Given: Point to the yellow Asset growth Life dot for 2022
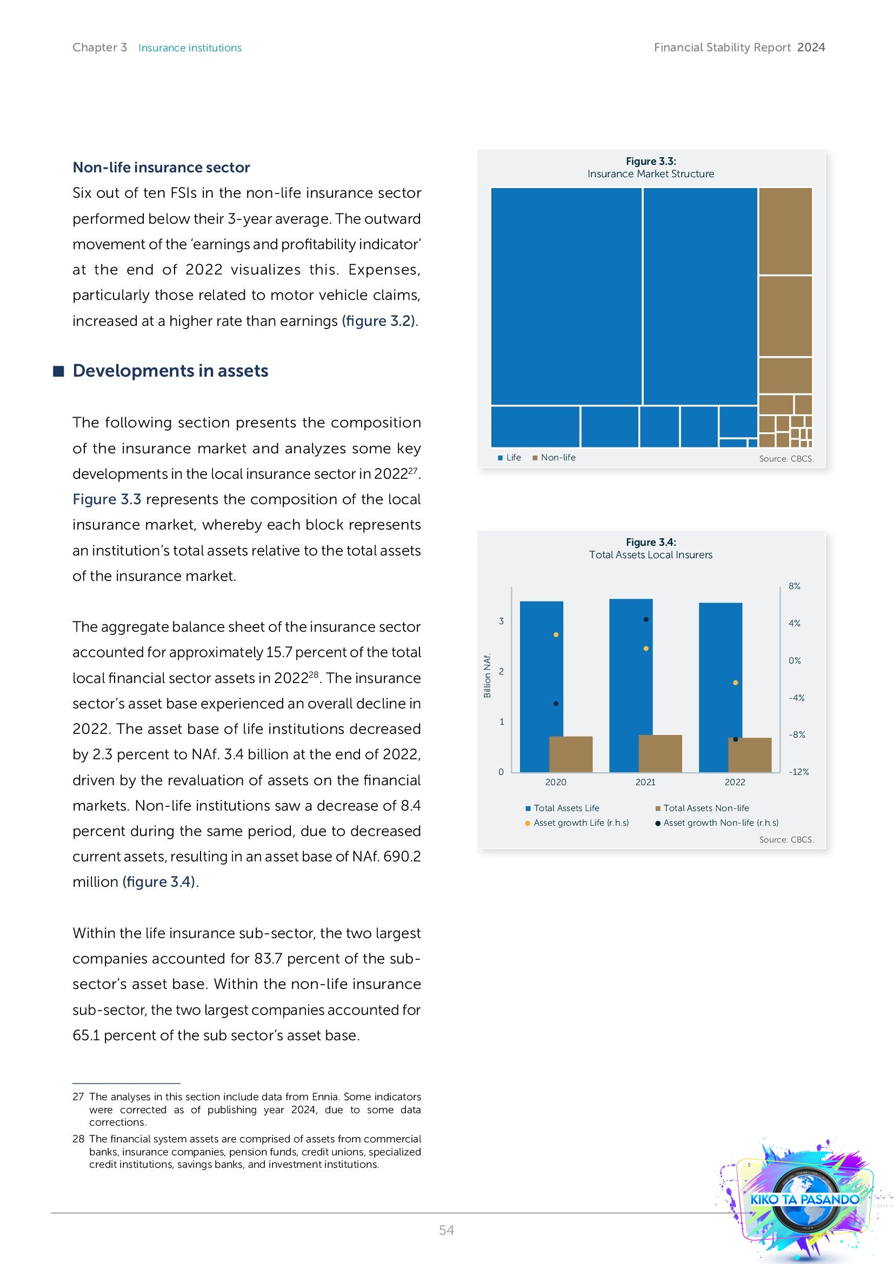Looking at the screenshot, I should (x=736, y=683).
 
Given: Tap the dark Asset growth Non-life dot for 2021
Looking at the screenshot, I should (x=646, y=619).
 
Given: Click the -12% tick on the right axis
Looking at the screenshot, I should (x=798, y=772).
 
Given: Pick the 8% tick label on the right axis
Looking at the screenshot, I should (x=794, y=586).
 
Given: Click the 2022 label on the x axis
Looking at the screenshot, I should (x=735, y=782).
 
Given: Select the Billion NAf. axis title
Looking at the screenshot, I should (x=486, y=676).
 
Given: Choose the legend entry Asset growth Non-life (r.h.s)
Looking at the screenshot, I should (x=720, y=822).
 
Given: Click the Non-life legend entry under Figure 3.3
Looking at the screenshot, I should (x=558, y=458).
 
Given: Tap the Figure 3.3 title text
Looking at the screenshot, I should (x=651, y=161).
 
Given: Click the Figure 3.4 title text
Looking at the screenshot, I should (x=651, y=542).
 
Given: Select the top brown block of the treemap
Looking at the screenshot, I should (x=785, y=231).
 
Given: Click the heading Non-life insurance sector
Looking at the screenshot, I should (x=161, y=168).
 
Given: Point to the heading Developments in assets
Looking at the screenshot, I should (x=170, y=371).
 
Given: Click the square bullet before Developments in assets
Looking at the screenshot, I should (x=58, y=371).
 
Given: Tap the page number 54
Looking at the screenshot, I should (x=446, y=1230).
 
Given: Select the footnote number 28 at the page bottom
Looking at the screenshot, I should (x=78, y=1139).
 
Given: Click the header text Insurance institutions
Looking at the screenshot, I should (x=190, y=48).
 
